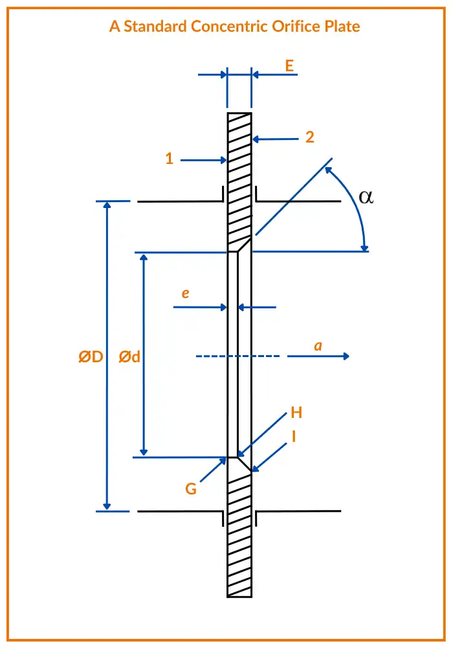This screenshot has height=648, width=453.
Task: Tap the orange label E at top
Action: (289, 65)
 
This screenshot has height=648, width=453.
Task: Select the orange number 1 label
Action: (170, 159)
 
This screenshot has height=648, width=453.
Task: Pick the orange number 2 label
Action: (310, 137)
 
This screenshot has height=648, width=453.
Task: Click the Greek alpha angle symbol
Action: (366, 197)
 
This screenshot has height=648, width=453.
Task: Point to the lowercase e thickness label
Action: (185, 294)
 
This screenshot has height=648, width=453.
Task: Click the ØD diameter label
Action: (91, 356)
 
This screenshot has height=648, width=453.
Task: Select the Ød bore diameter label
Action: (130, 356)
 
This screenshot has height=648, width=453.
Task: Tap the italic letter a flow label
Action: (318, 346)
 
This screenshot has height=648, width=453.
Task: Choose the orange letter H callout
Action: (296, 413)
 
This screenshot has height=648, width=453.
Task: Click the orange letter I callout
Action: (294, 437)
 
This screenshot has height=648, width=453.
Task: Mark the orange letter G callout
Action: (191, 489)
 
